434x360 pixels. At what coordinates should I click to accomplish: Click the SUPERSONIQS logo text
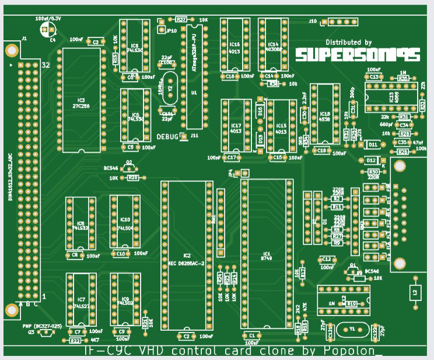[x=358, y=55]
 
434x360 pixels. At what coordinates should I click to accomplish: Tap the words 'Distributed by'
[x=348, y=43]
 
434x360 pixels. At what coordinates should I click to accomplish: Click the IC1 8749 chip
[x=267, y=254]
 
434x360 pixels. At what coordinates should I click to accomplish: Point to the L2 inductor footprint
[x=414, y=292]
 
